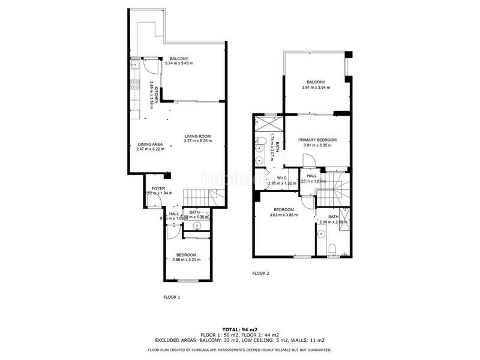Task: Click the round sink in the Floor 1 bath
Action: pos(198,226)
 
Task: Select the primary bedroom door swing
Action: pos(308,160)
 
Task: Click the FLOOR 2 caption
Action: pos(260,273)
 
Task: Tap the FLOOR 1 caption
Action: pos(172,297)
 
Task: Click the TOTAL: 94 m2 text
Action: pos(240,329)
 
